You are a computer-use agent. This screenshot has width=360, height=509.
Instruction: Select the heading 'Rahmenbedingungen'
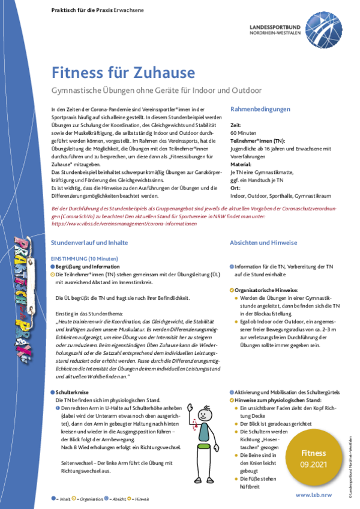click(x=260, y=109)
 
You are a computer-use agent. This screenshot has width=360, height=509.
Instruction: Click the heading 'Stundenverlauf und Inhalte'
click(x=89, y=243)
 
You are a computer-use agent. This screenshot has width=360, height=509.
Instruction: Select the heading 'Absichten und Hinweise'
click(x=263, y=243)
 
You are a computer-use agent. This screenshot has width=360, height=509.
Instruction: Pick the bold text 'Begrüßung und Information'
click(x=88, y=266)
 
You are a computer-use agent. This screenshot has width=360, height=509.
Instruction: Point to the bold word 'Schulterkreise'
click(x=75, y=391)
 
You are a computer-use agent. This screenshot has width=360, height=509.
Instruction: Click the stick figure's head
click(x=205, y=414)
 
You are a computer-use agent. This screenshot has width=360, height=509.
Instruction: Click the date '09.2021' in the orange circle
click(x=314, y=465)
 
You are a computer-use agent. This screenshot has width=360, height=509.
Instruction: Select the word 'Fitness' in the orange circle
click(x=314, y=453)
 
